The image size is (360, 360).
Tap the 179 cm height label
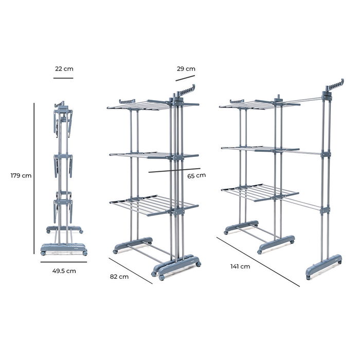[21, 175]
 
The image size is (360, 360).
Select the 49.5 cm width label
[64, 271]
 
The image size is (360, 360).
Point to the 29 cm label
[185, 68]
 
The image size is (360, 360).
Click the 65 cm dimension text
[196, 175]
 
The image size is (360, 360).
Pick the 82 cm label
[119, 276]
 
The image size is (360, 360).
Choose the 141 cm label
[240, 266]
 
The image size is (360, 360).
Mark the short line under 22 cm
[63, 78]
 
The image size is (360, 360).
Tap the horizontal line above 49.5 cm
[64, 262]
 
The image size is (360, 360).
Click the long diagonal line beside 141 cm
[257, 261]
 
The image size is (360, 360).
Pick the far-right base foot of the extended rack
[325, 265]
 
